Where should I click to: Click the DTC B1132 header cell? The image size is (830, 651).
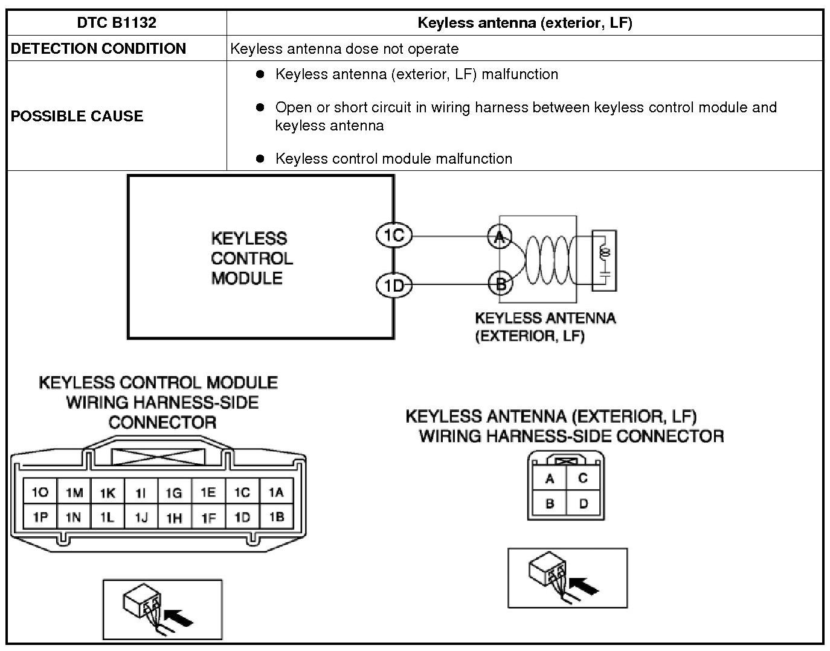click(x=117, y=23)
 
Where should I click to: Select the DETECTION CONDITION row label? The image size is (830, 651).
click(x=98, y=49)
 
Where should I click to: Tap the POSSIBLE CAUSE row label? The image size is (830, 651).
click(x=77, y=116)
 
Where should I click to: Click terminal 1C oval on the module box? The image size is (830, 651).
click(x=394, y=235)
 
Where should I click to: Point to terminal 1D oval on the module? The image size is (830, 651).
click(x=394, y=284)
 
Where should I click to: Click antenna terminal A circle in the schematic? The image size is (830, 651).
click(x=500, y=237)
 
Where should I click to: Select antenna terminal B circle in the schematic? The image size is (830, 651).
click(x=500, y=283)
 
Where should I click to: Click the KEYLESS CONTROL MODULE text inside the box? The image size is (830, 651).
click(x=251, y=258)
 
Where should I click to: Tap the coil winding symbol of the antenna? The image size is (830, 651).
click(x=547, y=260)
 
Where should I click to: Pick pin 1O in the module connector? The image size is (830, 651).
click(x=40, y=493)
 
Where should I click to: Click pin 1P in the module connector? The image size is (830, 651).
click(x=40, y=518)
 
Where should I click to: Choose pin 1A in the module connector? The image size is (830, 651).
click(x=276, y=493)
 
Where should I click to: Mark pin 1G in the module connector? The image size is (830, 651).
click(x=174, y=493)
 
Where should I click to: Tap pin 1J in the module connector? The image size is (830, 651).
click(x=141, y=518)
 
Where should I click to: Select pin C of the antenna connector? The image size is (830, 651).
click(x=583, y=478)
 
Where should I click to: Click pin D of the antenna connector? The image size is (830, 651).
click(x=583, y=504)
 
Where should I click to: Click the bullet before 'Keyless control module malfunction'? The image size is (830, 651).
click(x=260, y=158)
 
